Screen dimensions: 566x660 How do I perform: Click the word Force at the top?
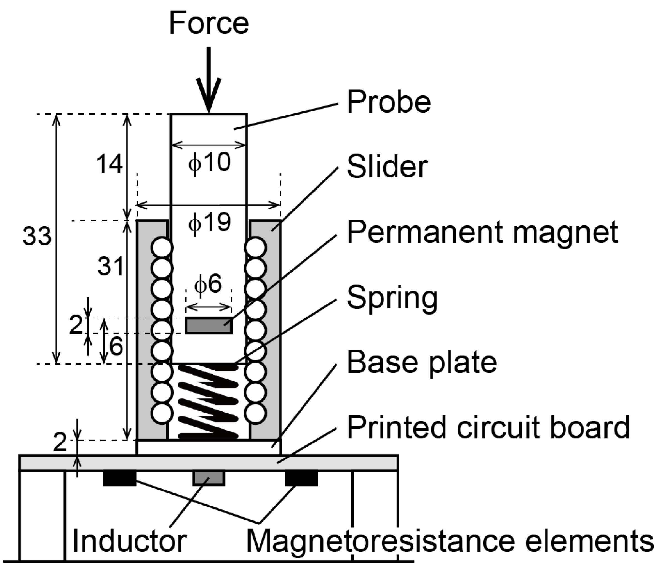(209, 23)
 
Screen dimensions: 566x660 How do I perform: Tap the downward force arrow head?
(209, 95)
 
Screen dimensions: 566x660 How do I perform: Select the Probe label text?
(389, 102)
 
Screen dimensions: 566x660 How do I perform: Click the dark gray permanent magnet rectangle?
(209, 326)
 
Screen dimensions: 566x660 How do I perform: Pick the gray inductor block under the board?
(209, 478)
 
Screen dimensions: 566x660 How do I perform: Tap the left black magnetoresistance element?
(119, 478)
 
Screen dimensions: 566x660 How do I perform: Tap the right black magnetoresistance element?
(301, 478)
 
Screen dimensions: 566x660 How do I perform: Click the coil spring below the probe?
(209, 402)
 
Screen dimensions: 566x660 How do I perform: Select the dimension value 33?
(37, 237)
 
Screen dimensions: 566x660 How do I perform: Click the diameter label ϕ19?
(209, 222)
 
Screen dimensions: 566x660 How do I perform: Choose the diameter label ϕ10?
(209, 163)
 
